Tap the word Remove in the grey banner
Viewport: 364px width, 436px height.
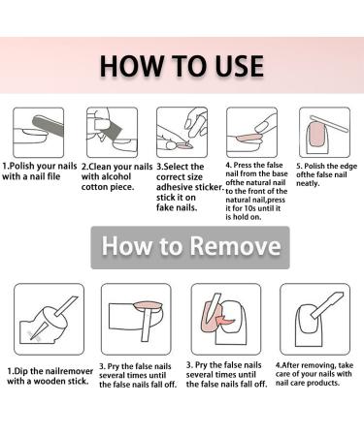point(235,246)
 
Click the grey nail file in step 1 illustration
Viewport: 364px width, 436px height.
point(48,129)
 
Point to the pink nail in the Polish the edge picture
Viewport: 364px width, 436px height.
point(316,134)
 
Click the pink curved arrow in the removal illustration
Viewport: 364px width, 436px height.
point(225,321)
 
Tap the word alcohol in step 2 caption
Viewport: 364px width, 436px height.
point(116,176)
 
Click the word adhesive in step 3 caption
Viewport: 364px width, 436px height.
point(176,187)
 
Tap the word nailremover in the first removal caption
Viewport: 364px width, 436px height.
point(69,371)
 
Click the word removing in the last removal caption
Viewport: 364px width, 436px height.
point(315,365)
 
